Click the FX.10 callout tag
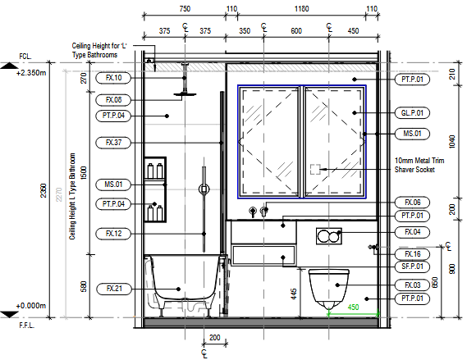pos(113,78)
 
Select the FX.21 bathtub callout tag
pos(114,289)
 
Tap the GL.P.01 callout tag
pos(412,113)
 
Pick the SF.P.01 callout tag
pos(412,267)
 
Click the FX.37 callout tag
pos(113,143)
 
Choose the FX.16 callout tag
pos(412,254)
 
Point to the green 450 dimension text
pos(353,307)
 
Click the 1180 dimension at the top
pos(301,9)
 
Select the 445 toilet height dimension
pos(294,294)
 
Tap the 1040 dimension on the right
pos(451,142)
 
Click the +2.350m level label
pos(31,73)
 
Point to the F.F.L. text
pos(27,326)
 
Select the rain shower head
pos(185,94)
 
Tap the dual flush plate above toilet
pos(329,236)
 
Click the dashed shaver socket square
pos(315,169)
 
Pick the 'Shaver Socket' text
pos(414,170)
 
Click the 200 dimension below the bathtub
pos(215,338)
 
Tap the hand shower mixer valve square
pos(204,189)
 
